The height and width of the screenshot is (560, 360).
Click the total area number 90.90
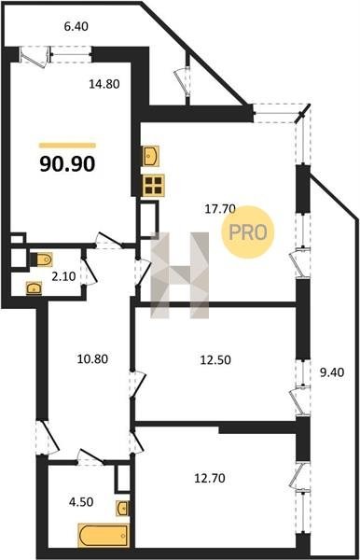(x=67, y=164)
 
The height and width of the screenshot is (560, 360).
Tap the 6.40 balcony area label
(x=76, y=26)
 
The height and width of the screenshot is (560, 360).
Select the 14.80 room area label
(x=104, y=84)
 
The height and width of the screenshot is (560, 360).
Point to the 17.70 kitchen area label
(x=220, y=208)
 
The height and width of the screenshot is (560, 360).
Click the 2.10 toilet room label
(x=63, y=276)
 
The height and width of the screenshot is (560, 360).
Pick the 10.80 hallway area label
(x=92, y=358)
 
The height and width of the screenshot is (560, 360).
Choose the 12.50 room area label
(x=215, y=360)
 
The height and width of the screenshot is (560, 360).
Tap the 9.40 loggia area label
(x=332, y=372)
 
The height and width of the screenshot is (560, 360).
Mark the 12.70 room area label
(x=210, y=478)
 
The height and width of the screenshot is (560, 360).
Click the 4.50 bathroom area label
(x=81, y=502)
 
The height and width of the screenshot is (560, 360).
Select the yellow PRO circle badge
(x=247, y=232)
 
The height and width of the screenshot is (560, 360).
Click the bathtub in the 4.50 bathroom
(x=104, y=535)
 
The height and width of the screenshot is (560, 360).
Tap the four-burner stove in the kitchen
(x=153, y=186)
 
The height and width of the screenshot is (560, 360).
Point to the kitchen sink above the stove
(x=151, y=156)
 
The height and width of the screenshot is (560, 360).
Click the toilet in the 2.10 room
(x=42, y=259)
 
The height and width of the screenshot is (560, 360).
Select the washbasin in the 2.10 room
(x=34, y=287)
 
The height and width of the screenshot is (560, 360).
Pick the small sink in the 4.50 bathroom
(x=122, y=508)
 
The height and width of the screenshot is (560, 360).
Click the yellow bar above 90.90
(x=67, y=145)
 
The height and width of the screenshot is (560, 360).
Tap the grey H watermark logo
(x=179, y=275)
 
